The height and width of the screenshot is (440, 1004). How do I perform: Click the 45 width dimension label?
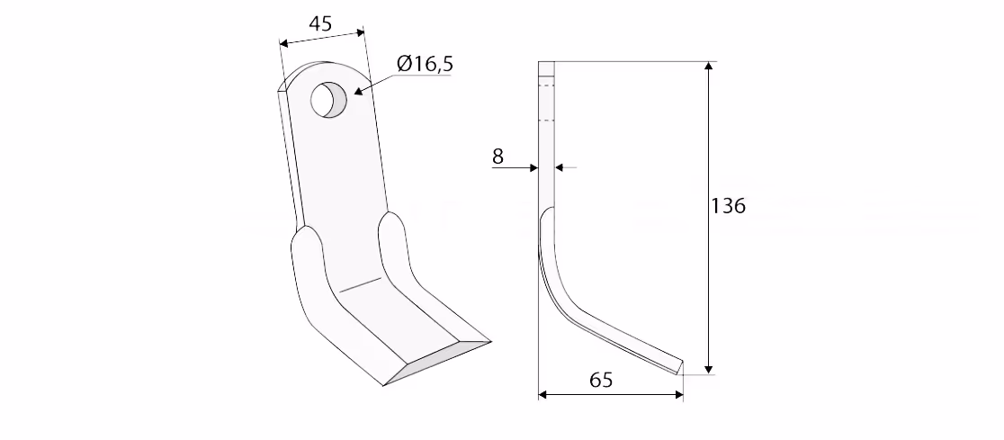pos(320,23)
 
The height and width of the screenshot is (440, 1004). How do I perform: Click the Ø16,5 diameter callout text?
pos(425,63)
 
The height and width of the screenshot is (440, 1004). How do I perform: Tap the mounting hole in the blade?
pos(328,99)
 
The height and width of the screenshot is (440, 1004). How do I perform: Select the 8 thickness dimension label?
pos(498,156)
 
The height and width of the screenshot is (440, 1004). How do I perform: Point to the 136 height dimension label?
pos(729,205)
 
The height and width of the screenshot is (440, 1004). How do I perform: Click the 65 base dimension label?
pos(601,380)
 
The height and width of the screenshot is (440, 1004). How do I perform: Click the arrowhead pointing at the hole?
pos(358,92)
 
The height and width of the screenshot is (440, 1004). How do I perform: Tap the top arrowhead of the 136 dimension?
pos(708,67)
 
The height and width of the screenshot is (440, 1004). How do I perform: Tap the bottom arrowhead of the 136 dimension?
pos(708,369)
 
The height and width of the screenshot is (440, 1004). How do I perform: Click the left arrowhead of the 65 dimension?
pos(543,394)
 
